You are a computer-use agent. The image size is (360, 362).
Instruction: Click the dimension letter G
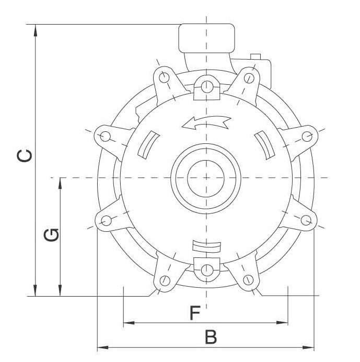[x=51, y=235]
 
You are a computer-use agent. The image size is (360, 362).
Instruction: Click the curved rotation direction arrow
[x=206, y=122]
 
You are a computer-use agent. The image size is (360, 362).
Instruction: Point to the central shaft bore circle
[x=206, y=178]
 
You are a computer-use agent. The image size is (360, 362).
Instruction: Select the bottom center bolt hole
[x=207, y=270]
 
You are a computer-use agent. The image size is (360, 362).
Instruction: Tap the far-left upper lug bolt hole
[x=106, y=137]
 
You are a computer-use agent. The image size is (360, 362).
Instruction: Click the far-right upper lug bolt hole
[x=308, y=137]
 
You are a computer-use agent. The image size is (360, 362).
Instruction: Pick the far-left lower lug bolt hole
[x=106, y=220]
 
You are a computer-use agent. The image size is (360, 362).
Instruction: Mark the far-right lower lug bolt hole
[x=308, y=220]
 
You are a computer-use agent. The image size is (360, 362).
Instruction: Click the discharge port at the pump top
[x=206, y=38]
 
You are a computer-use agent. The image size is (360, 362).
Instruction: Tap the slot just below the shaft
[x=207, y=245]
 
